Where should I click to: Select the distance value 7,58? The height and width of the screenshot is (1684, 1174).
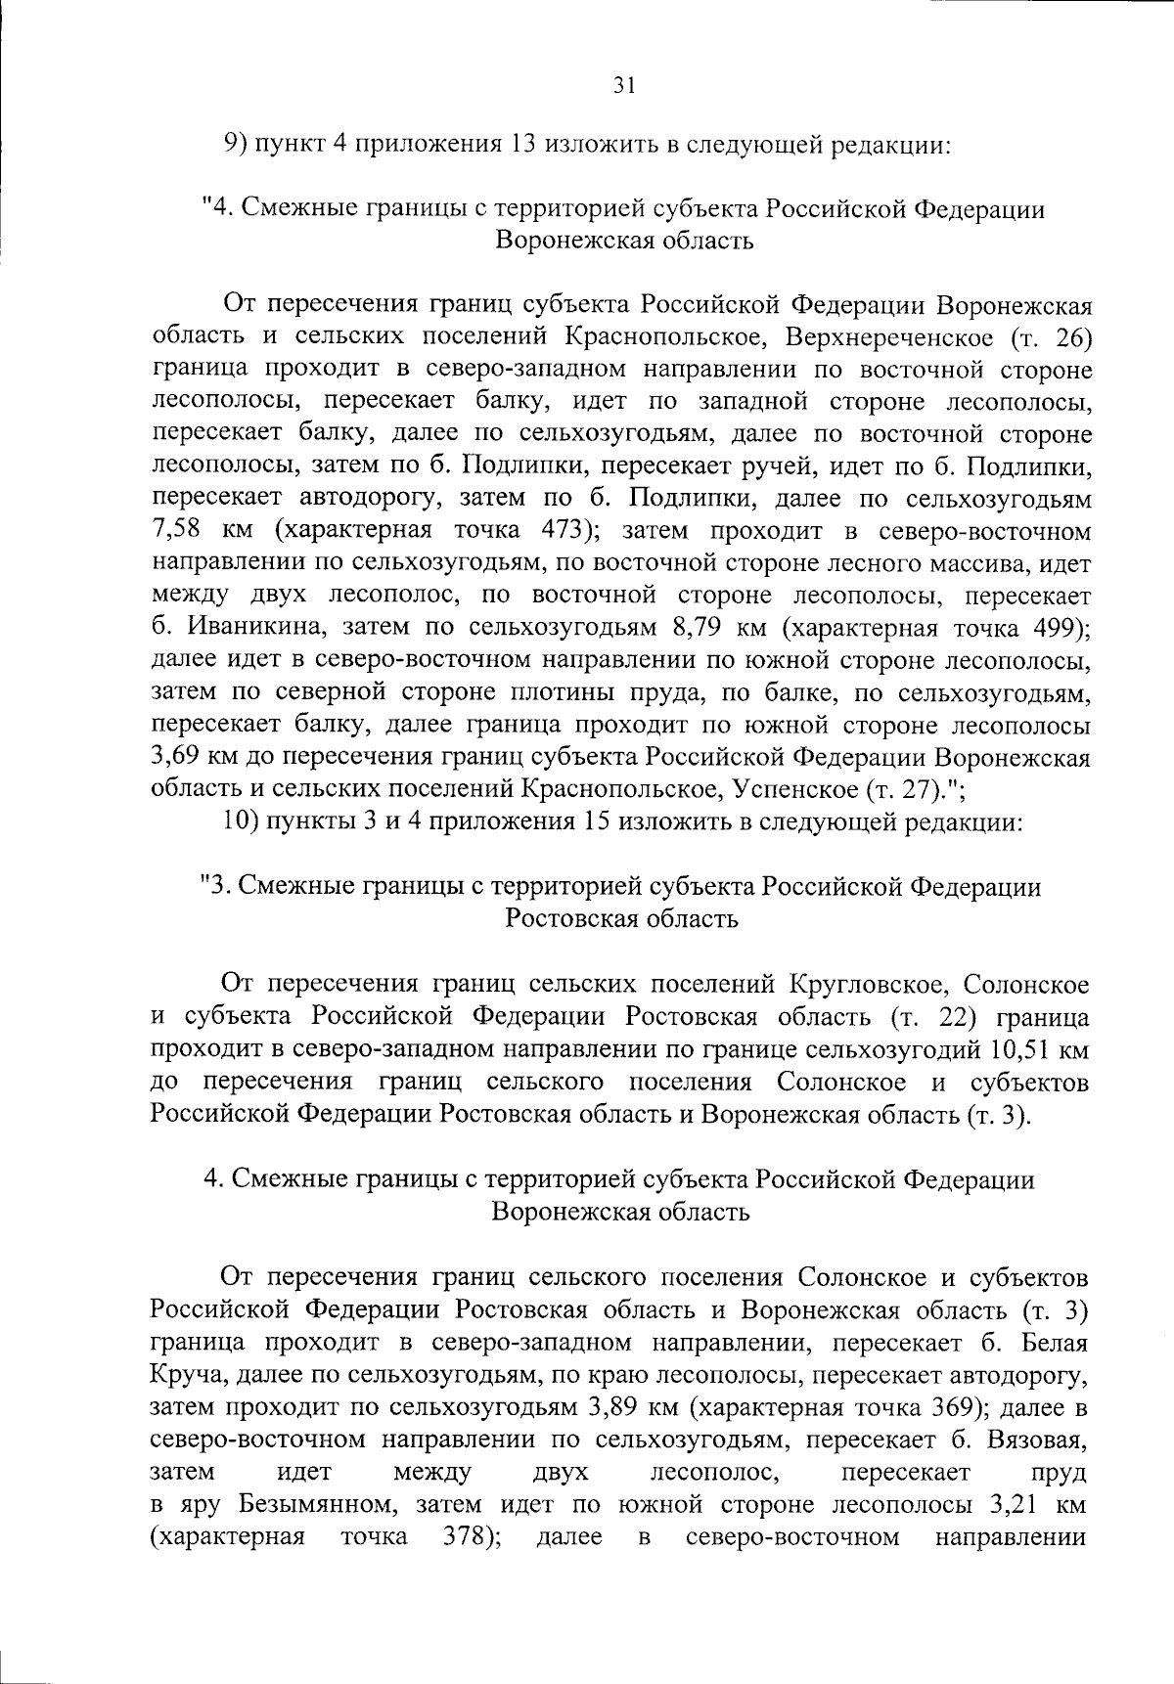pos(177,531)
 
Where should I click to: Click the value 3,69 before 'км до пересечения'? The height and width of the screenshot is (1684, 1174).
pos(177,757)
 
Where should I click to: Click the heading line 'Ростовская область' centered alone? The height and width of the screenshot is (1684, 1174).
pos(621,918)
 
